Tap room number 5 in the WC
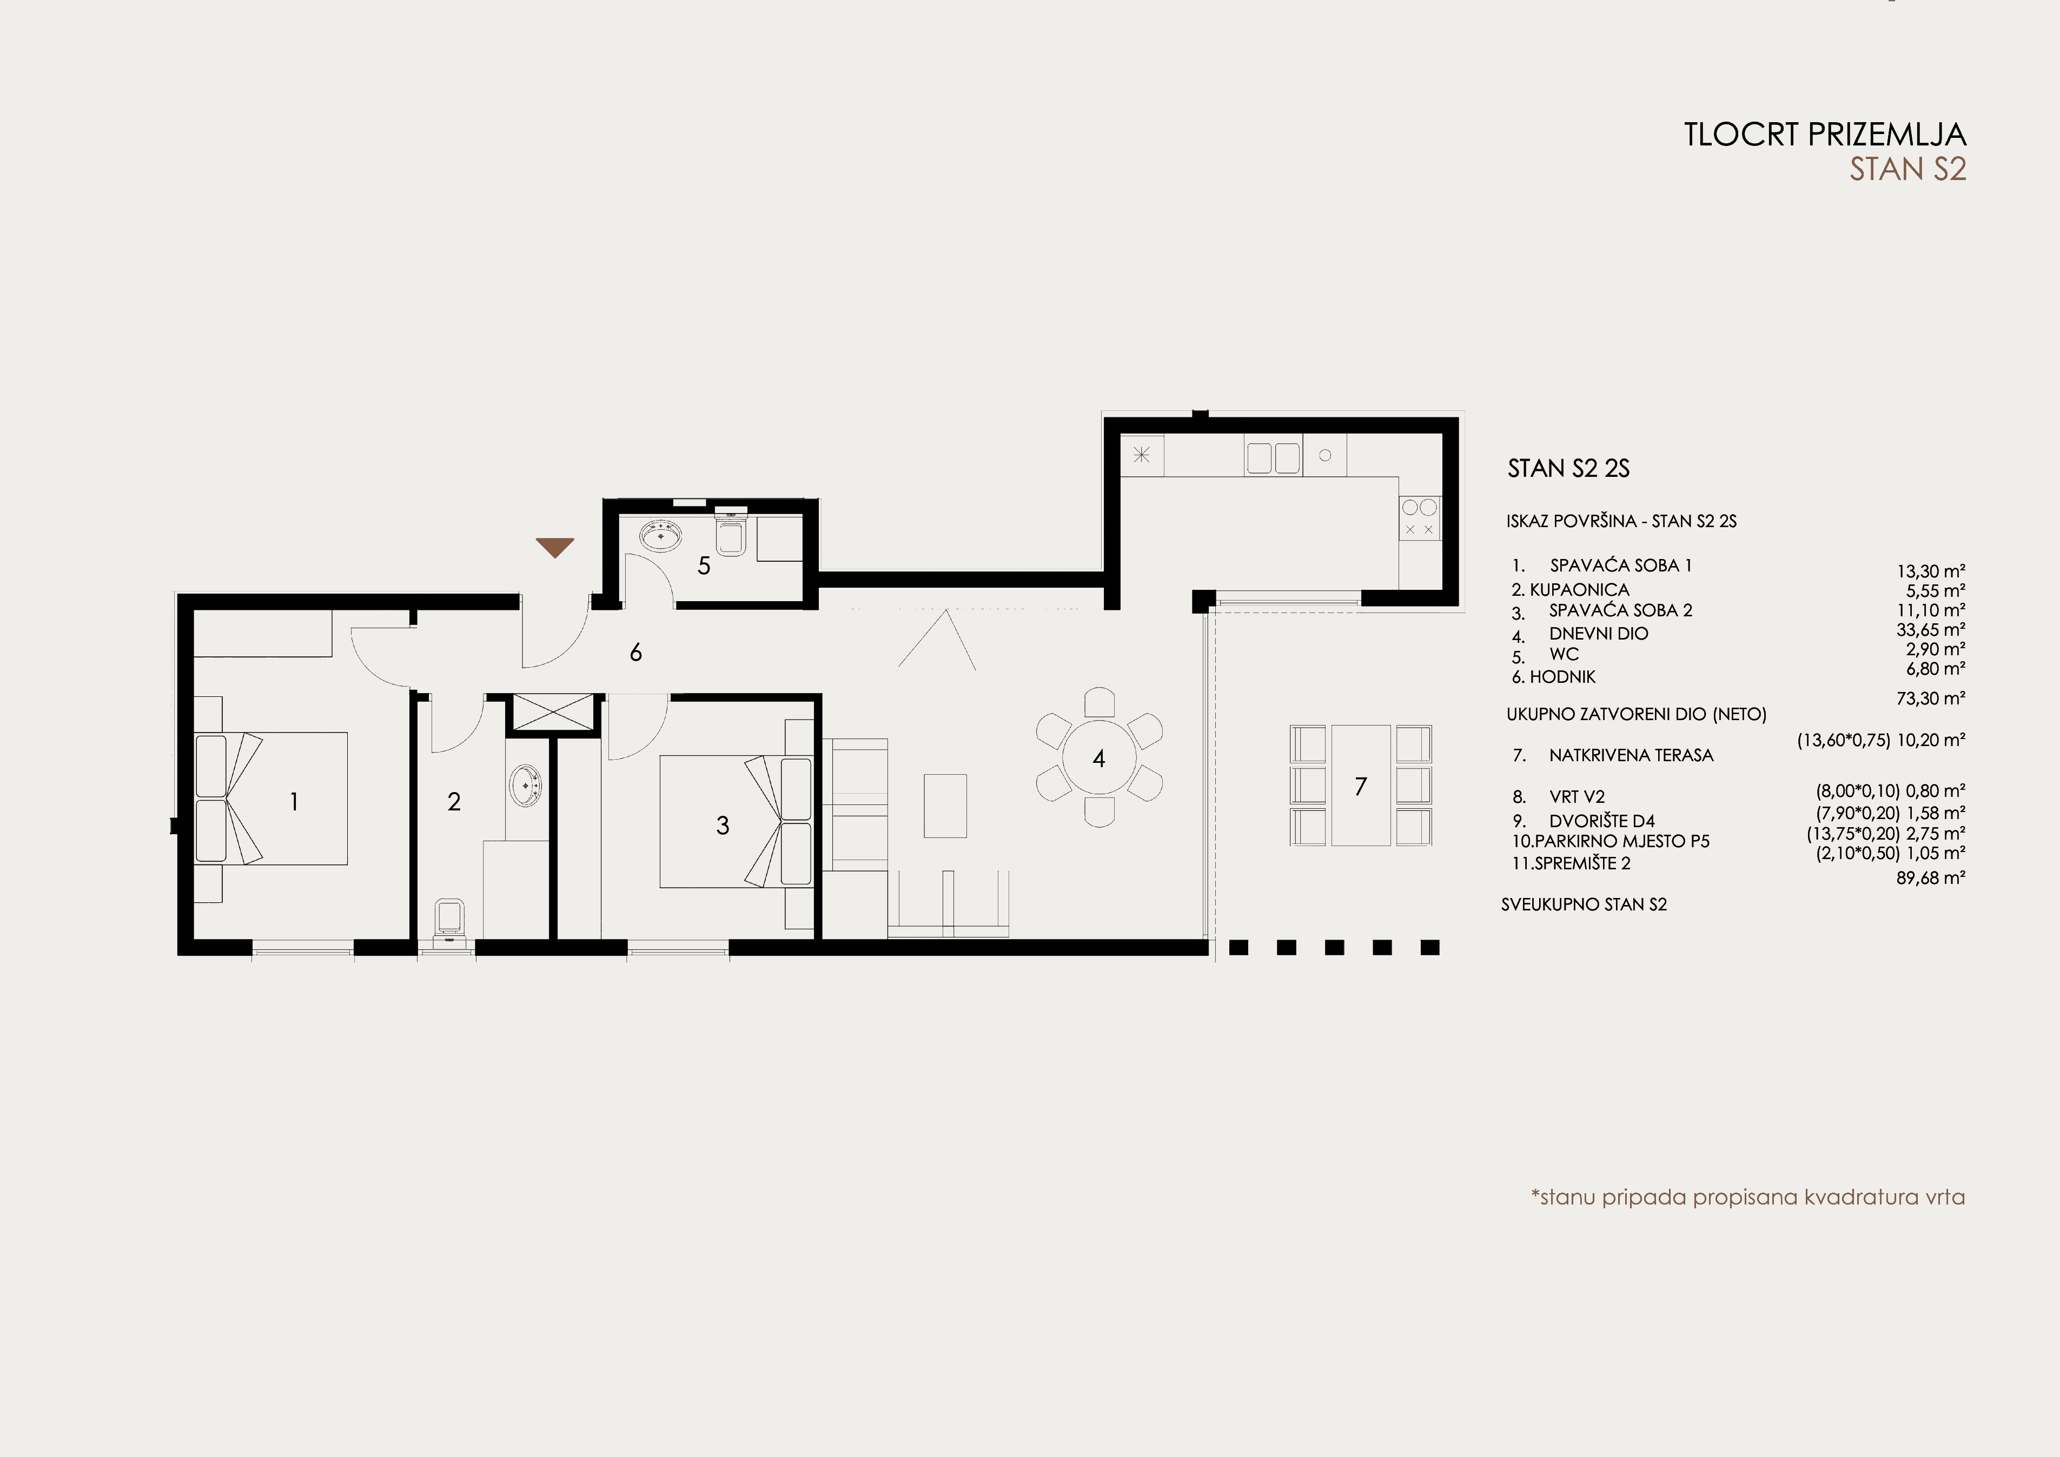coord(704,566)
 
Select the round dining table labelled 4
coord(1098,758)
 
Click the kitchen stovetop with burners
coord(1419,518)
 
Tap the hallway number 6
coord(635,652)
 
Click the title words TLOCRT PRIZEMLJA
coord(1825,135)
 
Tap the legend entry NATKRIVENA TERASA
coord(1631,755)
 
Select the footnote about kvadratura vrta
coord(1748,1197)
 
